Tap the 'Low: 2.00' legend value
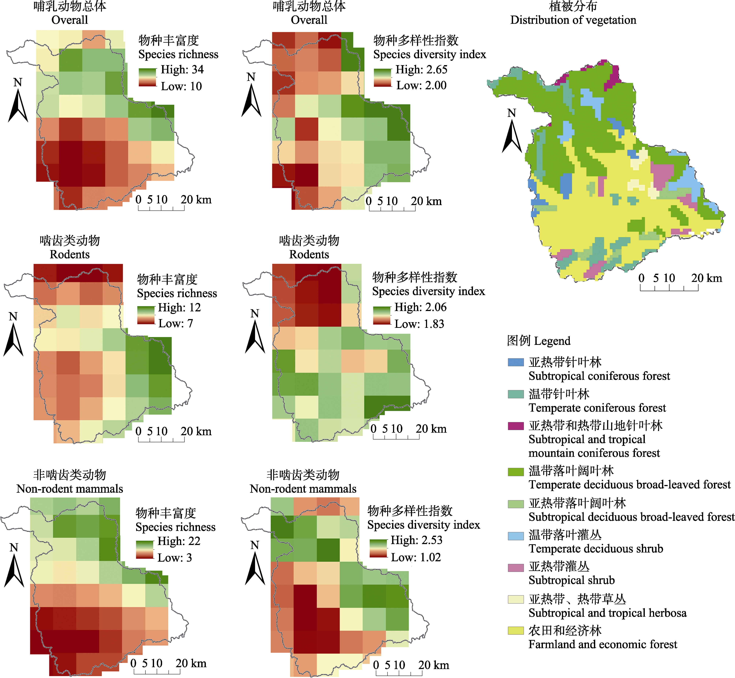421,85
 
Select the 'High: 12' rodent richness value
179,308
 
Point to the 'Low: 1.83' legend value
419,324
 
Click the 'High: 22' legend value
179,541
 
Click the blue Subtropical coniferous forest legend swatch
516,362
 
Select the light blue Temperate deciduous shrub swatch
516,536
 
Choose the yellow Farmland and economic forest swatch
516,631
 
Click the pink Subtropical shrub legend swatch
516,568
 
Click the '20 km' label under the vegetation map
706,278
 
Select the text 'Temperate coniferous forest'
597,408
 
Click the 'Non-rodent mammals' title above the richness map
70,489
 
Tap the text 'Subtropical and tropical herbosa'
607,613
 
